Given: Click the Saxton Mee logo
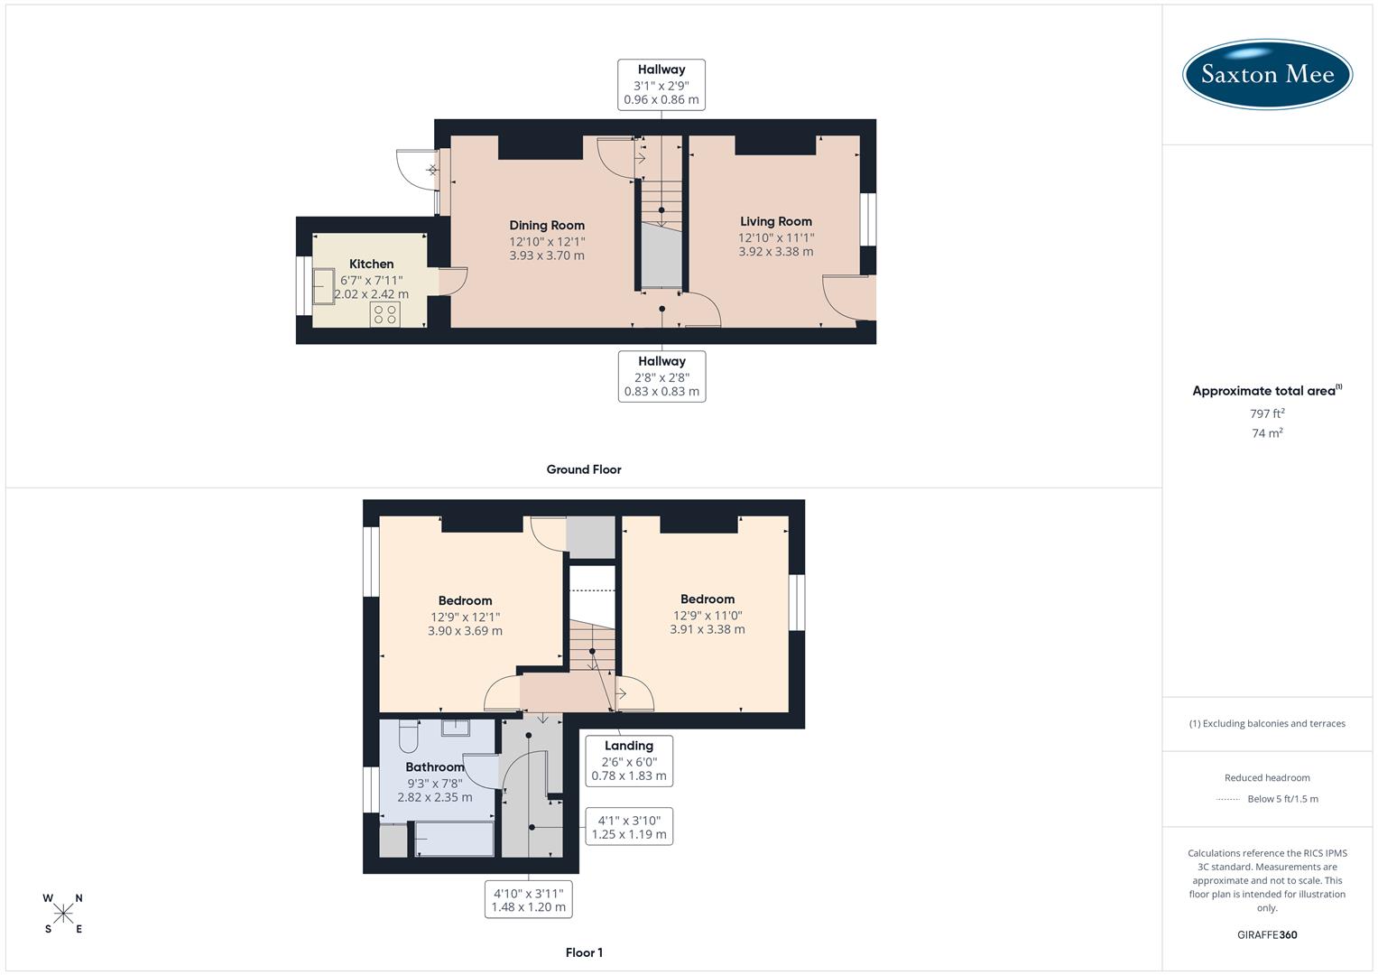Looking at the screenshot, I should [1267, 74].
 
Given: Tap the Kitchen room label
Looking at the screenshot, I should [371, 264].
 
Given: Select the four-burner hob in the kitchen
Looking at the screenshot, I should [384, 314].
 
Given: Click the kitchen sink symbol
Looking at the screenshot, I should [323, 286].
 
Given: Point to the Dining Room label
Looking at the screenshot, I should [547, 225].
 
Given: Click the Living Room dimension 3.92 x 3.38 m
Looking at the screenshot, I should [776, 252].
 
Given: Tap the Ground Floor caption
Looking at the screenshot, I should [584, 469].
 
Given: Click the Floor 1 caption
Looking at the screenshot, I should [584, 952].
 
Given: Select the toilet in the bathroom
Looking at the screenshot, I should [407, 737].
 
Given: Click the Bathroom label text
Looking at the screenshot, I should [435, 767].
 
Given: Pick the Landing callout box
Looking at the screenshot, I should [629, 760].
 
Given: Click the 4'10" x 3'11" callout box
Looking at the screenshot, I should [528, 900].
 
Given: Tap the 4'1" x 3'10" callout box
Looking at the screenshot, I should [629, 827].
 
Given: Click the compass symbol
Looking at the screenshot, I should [63, 914].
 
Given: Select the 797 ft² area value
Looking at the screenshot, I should [1267, 413].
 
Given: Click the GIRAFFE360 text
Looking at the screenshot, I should [1267, 934].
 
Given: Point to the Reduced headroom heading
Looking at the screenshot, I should [1267, 777].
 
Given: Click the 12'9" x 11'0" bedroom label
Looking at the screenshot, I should [707, 615].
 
